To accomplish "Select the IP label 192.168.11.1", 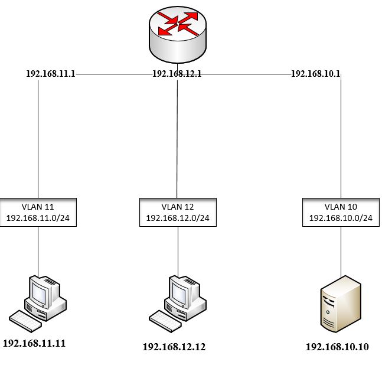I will (51, 74).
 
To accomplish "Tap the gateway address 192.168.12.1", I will (177, 74).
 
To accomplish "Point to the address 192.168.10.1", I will (316, 74).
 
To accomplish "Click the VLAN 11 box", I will (38, 211).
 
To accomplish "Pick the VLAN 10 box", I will (341, 212).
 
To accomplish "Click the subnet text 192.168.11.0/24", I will (38, 217).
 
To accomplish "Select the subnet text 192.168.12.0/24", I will (178, 218).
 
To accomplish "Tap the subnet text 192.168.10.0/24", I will (341, 217).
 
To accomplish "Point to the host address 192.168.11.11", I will (34, 343).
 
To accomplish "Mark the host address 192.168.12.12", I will (174, 347).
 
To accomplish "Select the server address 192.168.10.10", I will (337, 347).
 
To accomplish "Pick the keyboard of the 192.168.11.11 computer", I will (25, 320).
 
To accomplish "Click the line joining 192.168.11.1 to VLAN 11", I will (38, 136).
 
